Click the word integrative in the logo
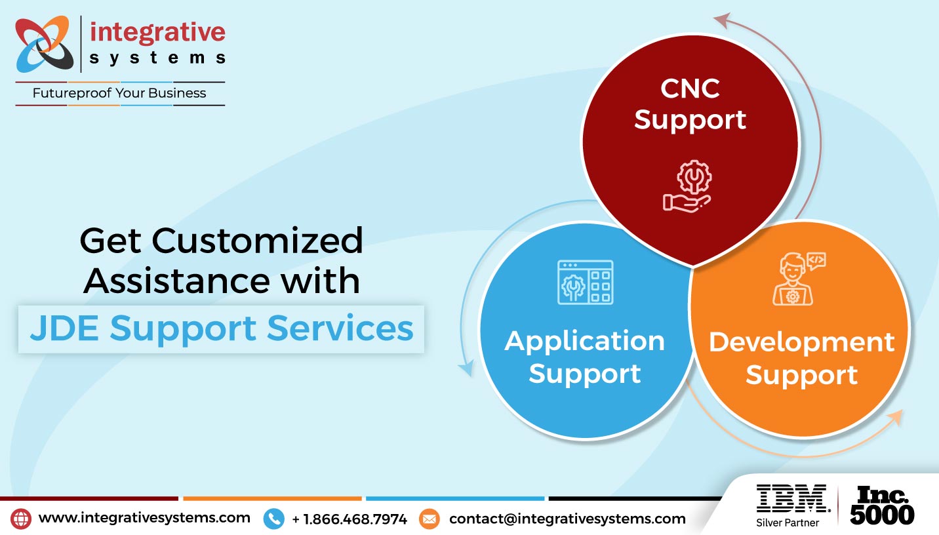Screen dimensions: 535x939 [157, 32]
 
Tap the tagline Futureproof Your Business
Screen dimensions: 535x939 [119, 93]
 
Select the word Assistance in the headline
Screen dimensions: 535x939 [176, 280]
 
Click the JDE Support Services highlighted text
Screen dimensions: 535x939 [222, 328]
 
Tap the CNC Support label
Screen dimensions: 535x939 [690, 104]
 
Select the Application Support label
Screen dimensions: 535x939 [584, 357]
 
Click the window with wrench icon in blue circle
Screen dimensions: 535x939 [585, 283]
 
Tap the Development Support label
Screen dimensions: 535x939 [801, 359]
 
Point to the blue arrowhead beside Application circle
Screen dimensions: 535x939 [466, 368]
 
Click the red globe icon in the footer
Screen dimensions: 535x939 [21, 519]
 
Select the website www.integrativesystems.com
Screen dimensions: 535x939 [144, 518]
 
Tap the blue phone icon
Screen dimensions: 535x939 [273, 519]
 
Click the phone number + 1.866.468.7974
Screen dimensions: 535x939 [350, 519]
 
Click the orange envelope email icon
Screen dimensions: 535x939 [429, 519]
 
